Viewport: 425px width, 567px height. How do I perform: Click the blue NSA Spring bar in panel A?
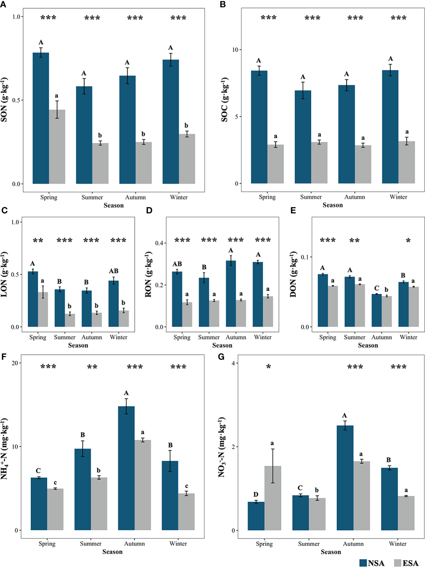click(41, 118)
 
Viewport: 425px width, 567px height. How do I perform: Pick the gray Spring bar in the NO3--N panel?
click(273, 498)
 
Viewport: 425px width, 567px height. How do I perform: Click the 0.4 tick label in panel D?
click(159, 243)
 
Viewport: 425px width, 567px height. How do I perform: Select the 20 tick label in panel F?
click(15, 363)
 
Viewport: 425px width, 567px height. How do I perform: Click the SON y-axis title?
click(4, 100)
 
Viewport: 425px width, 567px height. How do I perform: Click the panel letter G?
click(221, 357)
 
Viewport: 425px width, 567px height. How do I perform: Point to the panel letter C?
click(5, 211)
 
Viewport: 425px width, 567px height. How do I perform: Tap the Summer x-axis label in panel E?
click(354, 337)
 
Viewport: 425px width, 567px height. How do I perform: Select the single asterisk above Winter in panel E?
click(408, 241)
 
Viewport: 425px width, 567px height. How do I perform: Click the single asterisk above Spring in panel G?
click(268, 367)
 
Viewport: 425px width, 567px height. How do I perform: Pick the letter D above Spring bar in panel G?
click(256, 495)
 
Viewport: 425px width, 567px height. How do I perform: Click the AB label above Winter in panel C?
click(114, 271)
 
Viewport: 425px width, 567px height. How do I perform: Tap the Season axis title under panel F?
click(112, 552)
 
